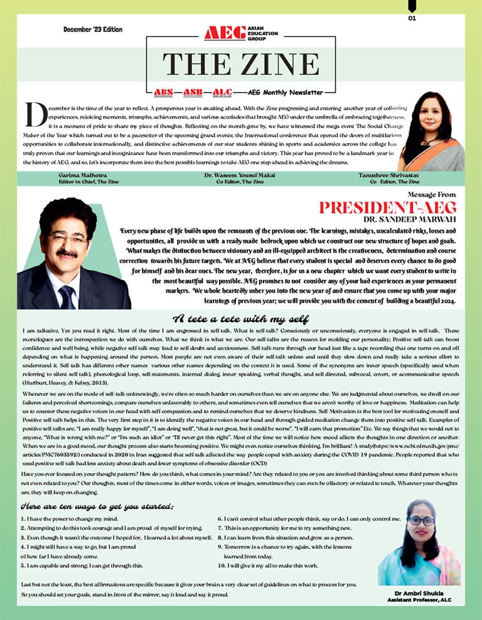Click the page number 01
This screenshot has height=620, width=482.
pyautogui.click(x=412, y=18)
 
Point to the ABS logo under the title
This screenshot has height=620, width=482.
pyautogui.click(x=164, y=92)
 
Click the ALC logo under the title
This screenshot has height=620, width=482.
pyautogui.click(x=222, y=92)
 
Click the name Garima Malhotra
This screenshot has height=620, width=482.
pyautogui.click(x=78, y=175)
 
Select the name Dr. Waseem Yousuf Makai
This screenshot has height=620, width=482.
pyautogui.click(x=241, y=175)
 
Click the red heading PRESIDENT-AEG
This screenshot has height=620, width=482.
pyautogui.click(x=387, y=208)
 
